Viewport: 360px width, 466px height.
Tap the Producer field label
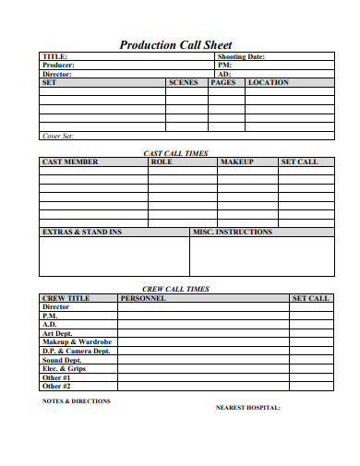point(59,66)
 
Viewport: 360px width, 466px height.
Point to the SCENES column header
point(183,83)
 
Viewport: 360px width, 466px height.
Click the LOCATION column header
point(269,83)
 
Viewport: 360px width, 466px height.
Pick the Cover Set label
point(57,136)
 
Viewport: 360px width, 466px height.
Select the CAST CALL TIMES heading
point(175,153)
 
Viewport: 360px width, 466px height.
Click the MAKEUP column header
point(236,162)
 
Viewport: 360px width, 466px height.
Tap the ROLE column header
point(162,162)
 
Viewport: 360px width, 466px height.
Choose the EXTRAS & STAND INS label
point(82,233)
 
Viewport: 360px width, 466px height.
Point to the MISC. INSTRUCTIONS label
point(232,233)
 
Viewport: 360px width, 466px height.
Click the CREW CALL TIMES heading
point(175,289)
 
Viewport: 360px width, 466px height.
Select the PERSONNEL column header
point(143,299)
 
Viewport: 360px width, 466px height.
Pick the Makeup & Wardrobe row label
point(77,342)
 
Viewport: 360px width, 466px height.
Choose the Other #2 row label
point(57,387)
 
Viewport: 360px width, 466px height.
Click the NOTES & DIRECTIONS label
point(77,401)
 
